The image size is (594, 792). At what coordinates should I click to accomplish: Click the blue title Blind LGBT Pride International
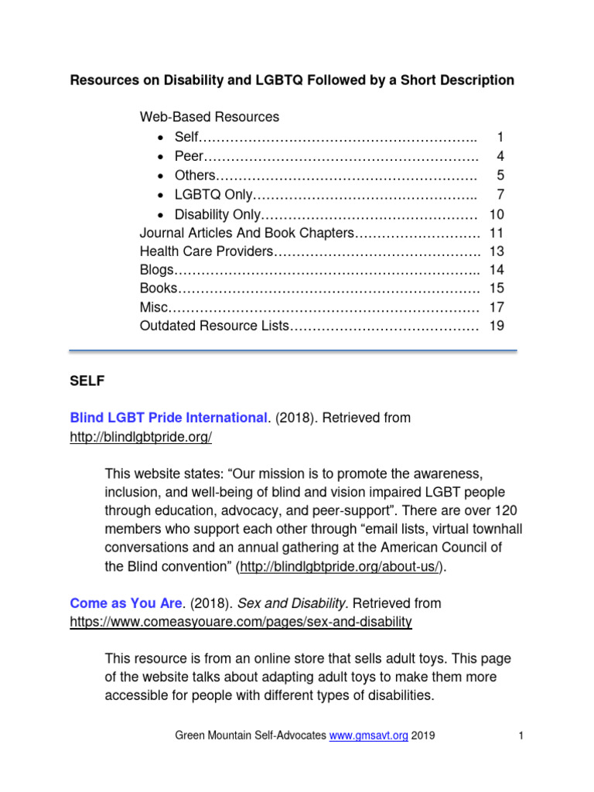tap(168, 418)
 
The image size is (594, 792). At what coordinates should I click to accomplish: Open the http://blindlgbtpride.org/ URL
tap(141, 437)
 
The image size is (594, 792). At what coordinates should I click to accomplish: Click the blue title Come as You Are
tap(118, 603)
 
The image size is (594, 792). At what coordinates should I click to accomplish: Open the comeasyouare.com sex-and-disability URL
tap(241, 622)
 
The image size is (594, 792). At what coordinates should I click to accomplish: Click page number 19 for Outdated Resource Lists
tap(497, 326)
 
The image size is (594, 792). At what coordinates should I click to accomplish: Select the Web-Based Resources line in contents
tap(210, 118)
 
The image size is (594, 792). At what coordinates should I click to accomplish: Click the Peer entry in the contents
tap(188, 156)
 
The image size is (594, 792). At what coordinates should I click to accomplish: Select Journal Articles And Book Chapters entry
tap(247, 232)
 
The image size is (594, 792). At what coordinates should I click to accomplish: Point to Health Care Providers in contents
tap(207, 251)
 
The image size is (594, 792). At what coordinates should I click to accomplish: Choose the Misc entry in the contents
tap(153, 307)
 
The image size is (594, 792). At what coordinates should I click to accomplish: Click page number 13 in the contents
tap(497, 251)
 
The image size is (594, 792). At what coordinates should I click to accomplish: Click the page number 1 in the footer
tap(523, 736)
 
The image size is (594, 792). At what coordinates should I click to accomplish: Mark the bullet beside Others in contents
tap(159, 176)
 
